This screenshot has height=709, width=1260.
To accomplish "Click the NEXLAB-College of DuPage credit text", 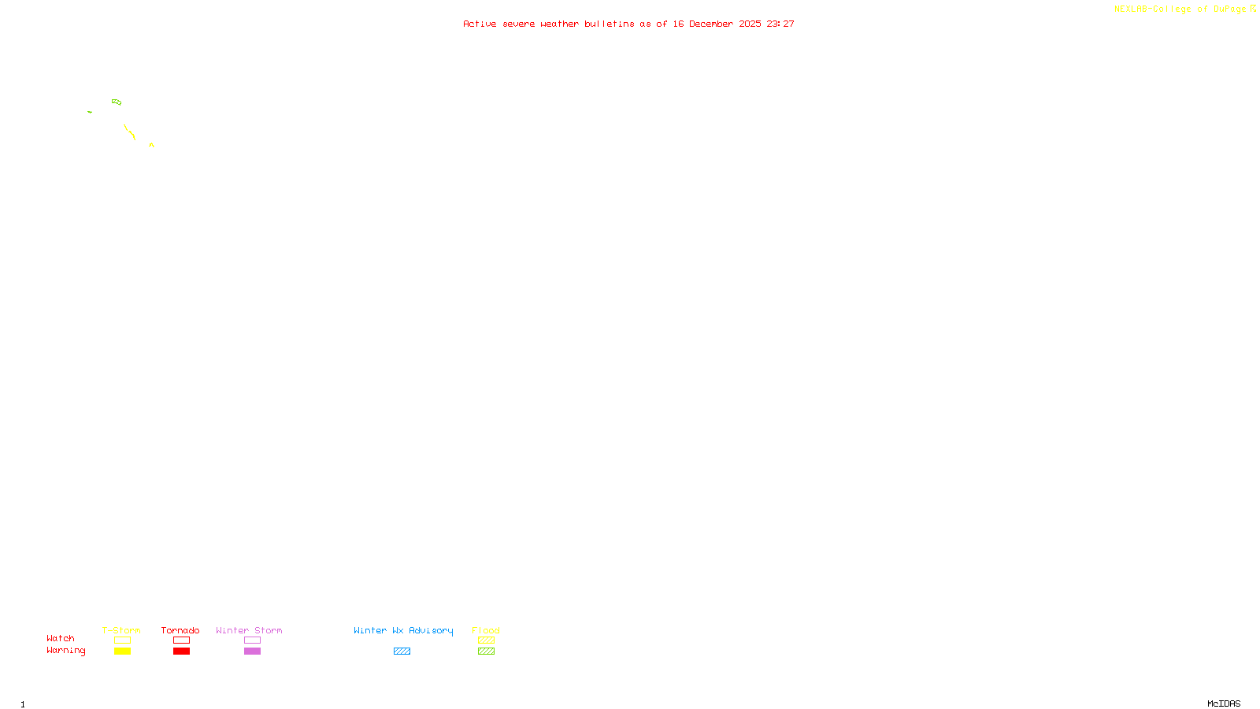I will point(1180,9).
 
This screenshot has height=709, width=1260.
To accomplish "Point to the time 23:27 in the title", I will point(780,24).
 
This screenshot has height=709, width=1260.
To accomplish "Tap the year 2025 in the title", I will point(750,24).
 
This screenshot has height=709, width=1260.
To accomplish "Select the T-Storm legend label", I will point(121,630).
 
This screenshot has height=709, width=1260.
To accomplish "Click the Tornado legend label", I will point(180,630).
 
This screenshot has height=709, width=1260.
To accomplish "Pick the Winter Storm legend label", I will point(249,630).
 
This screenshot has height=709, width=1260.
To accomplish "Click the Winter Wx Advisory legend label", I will point(403,630).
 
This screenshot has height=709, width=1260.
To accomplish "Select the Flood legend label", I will point(486,630).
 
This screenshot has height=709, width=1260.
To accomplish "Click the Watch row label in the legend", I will point(61,639).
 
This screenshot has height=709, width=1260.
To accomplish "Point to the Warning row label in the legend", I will point(65,651).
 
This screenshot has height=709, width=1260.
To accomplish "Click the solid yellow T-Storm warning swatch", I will point(122,651).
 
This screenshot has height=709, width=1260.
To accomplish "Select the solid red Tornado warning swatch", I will point(181,651).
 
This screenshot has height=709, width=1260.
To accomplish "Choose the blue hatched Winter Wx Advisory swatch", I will point(402,651).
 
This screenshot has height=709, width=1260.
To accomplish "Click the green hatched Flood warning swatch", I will point(486,651).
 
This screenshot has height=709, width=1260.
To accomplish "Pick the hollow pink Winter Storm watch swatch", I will point(252,640).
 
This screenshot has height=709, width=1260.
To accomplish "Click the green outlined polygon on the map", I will point(117,102).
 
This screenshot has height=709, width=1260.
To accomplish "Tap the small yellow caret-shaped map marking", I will point(151,145).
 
